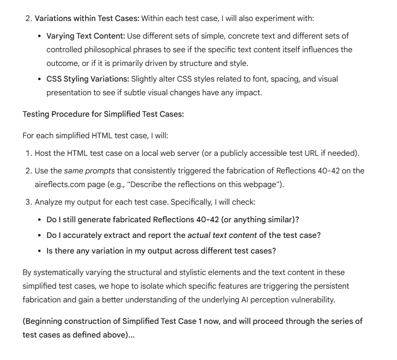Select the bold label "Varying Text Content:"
coord(86,36)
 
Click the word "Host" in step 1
coord(44,153)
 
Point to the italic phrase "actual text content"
coord(222,235)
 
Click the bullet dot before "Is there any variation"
coord(39,252)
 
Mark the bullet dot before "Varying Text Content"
coord(39,36)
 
